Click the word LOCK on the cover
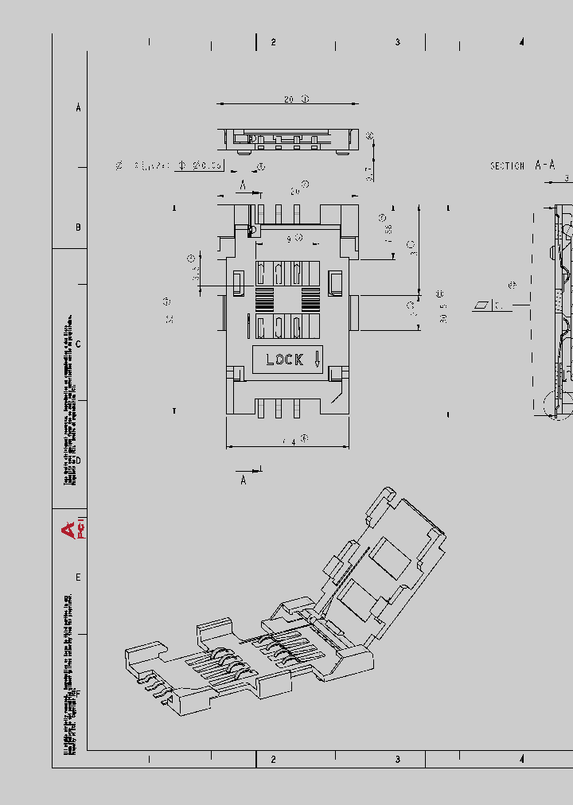(x=284, y=360)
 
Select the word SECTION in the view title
(x=507, y=166)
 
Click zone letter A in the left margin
(x=78, y=107)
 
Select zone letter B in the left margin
(x=78, y=227)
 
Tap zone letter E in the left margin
(x=78, y=577)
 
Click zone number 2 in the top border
(x=273, y=42)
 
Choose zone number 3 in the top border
(x=398, y=42)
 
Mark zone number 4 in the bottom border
(x=522, y=760)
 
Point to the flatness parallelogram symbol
(x=482, y=305)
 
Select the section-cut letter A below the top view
(x=244, y=480)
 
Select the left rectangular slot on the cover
(x=238, y=281)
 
